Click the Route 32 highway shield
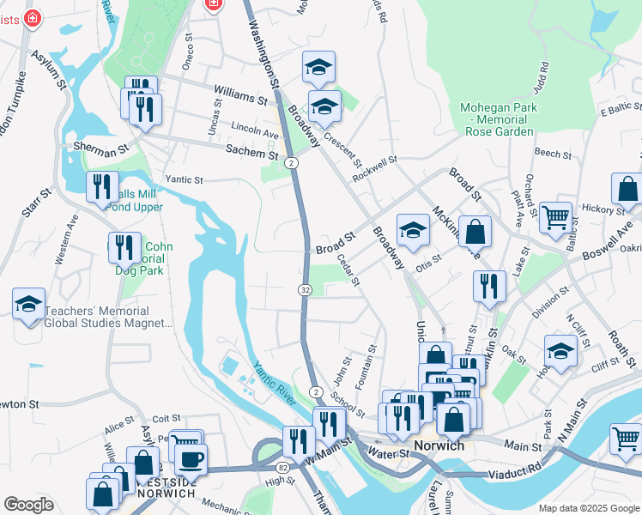click(x=305, y=291)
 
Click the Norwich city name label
click(x=439, y=446)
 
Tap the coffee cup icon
click(x=191, y=458)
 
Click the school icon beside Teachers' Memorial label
click(x=29, y=305)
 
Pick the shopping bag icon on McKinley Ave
click(x=475, y=231)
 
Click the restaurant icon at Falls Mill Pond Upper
click(x=103, y=187)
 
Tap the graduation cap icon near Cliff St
click(x=560, y=351)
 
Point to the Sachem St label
click(x=252, y=153)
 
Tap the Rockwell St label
click(x=375, y=169)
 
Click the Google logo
click(x=28, y=505)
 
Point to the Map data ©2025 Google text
click(x=588, y=508)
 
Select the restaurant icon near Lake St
click(x=489, y=287)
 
